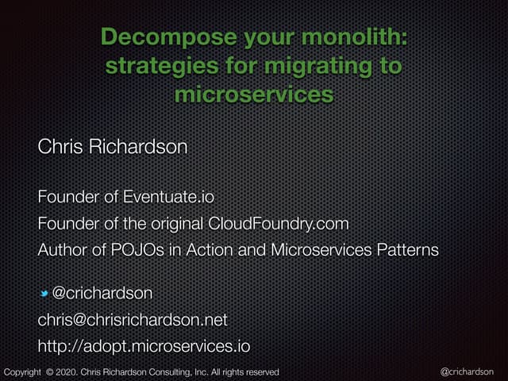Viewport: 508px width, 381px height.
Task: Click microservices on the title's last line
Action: tap(252, 94)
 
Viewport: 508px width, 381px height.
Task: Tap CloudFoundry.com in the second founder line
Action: tap(278, 223)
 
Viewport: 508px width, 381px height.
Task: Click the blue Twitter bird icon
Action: tap(44, 294)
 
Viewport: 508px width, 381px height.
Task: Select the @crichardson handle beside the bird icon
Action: tap(102, 294)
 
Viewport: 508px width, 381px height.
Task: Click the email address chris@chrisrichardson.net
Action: tap(133, 320)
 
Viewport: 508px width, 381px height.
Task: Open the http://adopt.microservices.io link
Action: tap(144, 346)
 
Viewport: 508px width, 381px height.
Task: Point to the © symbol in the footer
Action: tap(49, 371)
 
